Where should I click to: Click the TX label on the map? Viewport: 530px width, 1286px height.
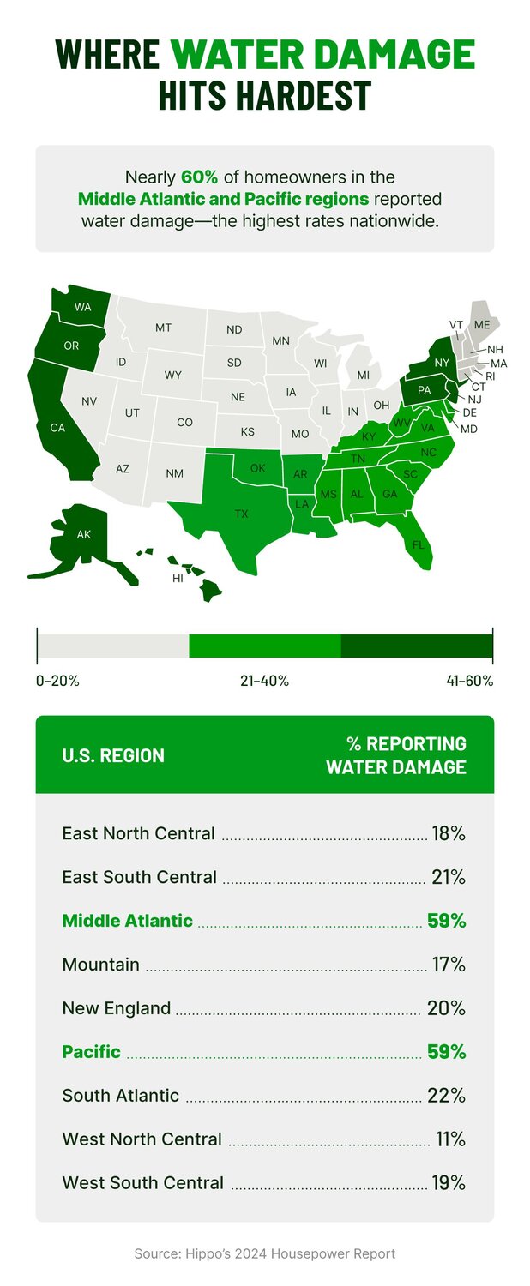pos(242,514)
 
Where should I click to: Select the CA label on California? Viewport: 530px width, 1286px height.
pos(58,428)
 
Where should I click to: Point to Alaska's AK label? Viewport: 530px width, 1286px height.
pos(83,535)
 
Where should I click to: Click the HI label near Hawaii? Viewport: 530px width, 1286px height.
pos(178,580)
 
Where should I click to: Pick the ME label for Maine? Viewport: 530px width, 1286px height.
pos(482,324)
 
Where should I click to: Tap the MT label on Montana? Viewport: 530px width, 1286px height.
pos(163,328)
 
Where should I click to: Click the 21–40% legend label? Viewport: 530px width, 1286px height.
pos(264,681)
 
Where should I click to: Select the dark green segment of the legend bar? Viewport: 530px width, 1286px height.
pos(417,646)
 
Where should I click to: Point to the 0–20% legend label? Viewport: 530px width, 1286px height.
pos(58,681)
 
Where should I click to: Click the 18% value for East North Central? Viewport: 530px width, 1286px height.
pos(449,833)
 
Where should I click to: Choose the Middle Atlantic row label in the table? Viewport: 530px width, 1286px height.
pos(128,921)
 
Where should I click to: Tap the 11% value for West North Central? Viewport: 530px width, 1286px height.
pos(449,1139)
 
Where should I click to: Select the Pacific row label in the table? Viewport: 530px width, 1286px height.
pos(92,1052)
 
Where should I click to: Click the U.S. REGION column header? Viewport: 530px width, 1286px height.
pos(113,755)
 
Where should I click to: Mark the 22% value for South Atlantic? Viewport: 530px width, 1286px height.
pos(449,1096)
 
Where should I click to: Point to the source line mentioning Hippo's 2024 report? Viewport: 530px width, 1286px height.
pos(265,1253)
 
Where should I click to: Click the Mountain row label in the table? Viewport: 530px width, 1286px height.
pos(101,964)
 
